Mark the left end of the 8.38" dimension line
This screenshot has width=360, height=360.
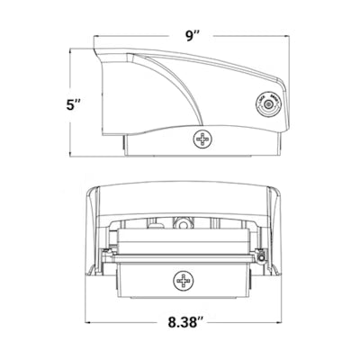(87, 321)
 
